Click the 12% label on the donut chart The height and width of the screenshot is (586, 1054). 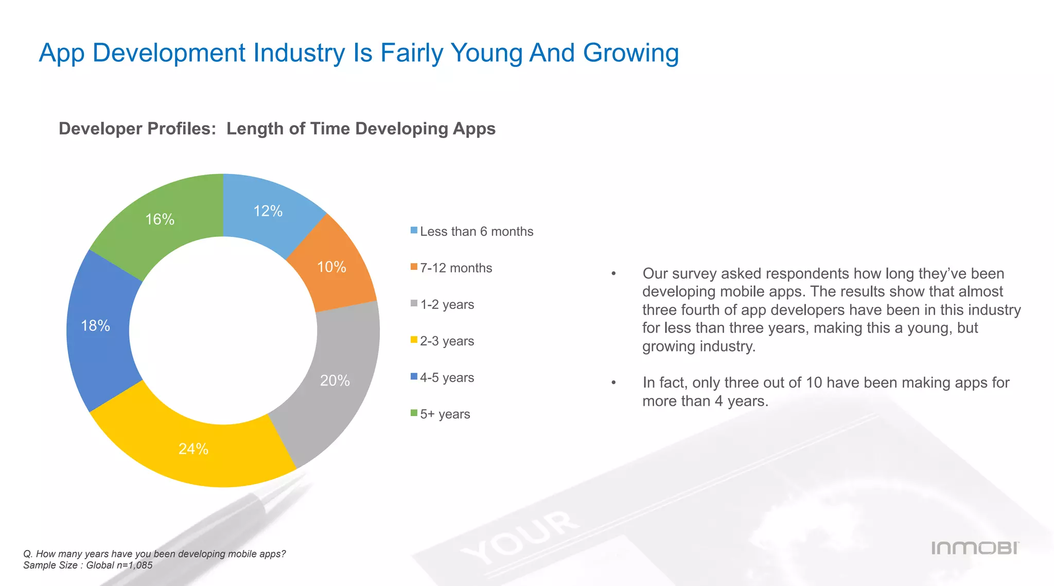(268, 211)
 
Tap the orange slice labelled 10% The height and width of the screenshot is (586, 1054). (331, 267)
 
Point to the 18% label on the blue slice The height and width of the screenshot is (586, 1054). (96, 325)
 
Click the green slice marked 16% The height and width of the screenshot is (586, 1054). (160, 219)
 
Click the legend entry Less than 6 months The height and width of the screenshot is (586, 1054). (476, 232)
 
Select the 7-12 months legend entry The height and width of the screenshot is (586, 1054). (455, 268)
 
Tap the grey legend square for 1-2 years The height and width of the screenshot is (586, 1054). (414, 303)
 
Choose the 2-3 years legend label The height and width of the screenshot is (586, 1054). (447, 341)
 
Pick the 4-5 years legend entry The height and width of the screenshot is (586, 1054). (447, 378)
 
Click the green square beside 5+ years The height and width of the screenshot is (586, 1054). (414, 413)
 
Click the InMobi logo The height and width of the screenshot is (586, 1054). (975, 548)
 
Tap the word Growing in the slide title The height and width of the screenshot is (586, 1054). (630, 53)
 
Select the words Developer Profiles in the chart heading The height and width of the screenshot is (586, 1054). (137, 128)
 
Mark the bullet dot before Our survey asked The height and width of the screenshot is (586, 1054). (613, 274)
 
